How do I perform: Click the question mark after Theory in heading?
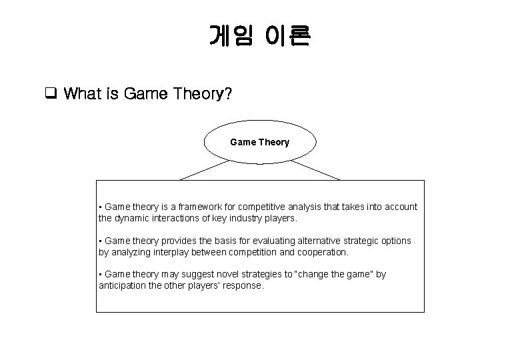point(229,94)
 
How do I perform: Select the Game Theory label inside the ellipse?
point(259,142)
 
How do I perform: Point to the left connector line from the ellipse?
point(204,169)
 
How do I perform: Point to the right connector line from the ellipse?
point(315,169)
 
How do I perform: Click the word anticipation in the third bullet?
point(124,285)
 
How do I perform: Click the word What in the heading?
point(82,94)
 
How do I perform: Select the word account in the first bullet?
point(401,207)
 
